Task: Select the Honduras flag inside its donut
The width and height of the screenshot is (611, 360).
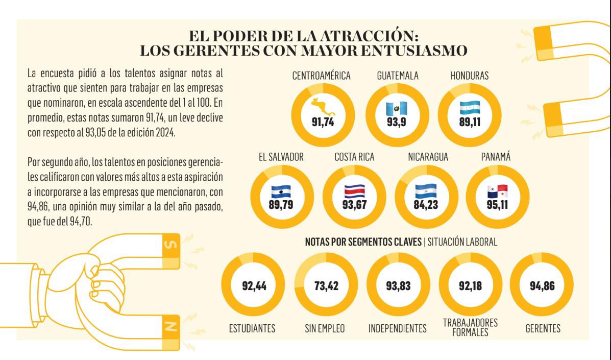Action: coord(470,107)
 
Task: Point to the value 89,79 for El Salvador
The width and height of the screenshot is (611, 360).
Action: coord(281,205)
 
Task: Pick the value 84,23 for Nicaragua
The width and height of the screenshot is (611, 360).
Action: coord(426,205)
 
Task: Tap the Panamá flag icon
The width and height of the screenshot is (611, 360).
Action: coord(498,191)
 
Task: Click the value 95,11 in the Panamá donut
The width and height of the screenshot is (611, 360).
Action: coord(498,205)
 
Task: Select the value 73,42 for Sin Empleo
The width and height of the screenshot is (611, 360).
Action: coord(327,286)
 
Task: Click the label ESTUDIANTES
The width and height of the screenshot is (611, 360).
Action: coord(252,329)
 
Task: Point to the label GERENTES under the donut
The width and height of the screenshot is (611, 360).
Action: coord(542,329)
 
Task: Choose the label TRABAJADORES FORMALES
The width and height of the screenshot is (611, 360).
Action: coord(470,327)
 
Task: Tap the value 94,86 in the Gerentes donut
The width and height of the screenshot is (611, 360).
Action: coord(542,286)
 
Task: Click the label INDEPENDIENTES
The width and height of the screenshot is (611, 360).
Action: coord(397,329)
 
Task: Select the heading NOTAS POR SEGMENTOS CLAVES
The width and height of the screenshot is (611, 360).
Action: coord(363,242)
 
